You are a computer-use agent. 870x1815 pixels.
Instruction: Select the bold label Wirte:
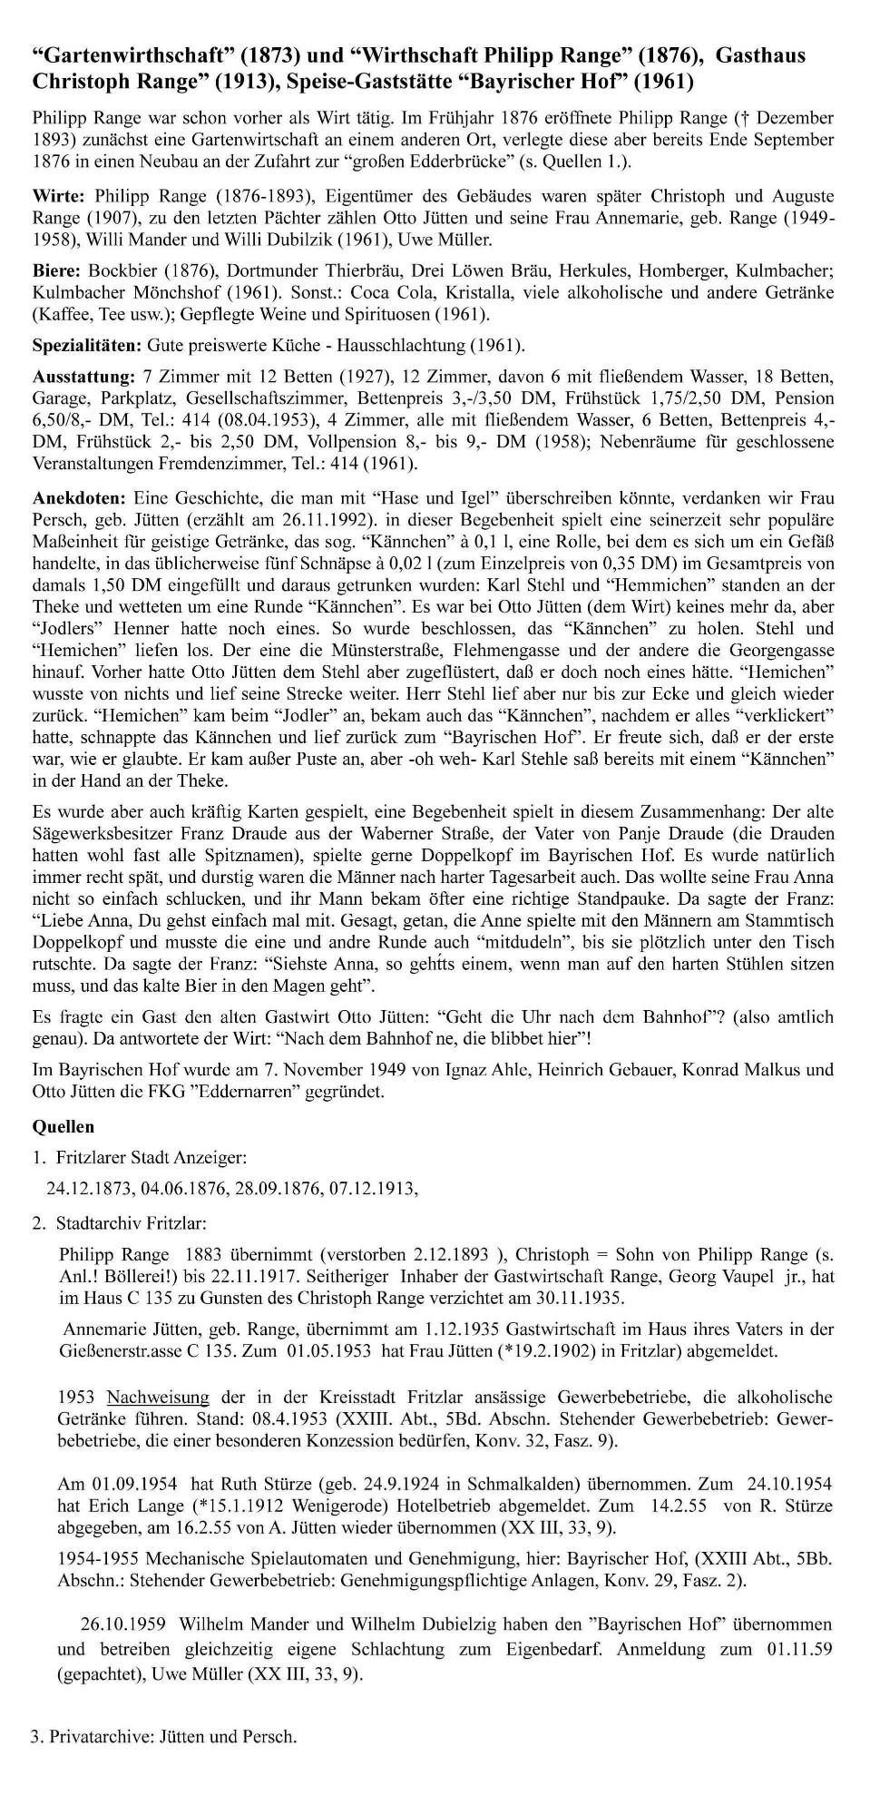point(59,196)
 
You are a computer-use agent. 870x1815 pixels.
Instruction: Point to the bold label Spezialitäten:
point(85,346)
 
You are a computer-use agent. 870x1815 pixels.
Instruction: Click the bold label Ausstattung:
point(83,377)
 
